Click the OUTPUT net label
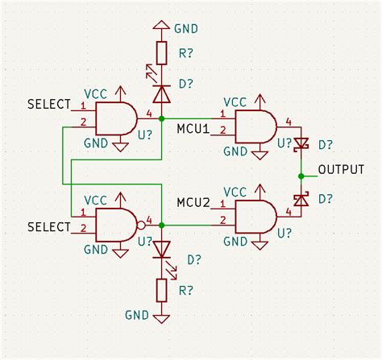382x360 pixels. pyautogui.click(x=340, y=170)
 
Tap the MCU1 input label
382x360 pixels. pyautogui.click(x=193, y=129)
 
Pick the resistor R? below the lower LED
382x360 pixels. pyautogui.click(x=162, y=288)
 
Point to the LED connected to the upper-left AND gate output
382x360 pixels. pyautogui.click(x=162, y=93)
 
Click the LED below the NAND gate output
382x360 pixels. pyautogui.click(x=162, y=249)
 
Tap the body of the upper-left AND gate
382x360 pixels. pyautogui.click(x=115, y=119)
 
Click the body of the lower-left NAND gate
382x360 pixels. pyautogui.click(x=115, y=225)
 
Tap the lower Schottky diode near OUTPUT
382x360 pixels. pyautogui.click(x=301, y=198)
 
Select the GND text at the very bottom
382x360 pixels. pyautogui.click(x=137, y=313)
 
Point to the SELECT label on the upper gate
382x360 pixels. pyautogui.click(x=49, y=105)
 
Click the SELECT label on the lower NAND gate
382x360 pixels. pyautogui.click(x=49, y=228)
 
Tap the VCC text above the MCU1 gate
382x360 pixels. pyautogui.click(x=235, y=102)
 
